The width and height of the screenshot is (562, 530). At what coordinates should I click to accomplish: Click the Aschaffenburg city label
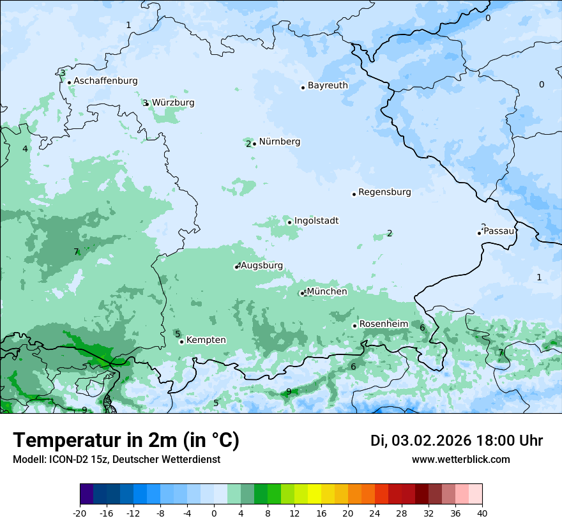(105, 81)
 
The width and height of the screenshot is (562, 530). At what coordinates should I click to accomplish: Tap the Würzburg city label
(173, 103)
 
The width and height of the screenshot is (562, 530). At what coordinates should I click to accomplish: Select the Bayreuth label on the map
(328, 86)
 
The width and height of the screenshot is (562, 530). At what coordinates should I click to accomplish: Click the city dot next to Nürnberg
(254, 144)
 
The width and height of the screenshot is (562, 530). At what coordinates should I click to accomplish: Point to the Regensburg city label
(384, 192)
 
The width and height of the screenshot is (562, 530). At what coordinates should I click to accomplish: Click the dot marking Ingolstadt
(289, 223)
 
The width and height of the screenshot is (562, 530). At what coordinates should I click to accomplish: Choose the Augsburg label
(262, 266)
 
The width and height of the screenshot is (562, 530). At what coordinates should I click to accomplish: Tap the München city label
(327, 292)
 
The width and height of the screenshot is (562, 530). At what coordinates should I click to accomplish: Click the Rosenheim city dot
(354, 326)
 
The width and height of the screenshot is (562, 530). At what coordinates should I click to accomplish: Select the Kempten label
(206, 340)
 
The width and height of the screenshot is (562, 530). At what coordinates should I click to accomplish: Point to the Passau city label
(498, 231)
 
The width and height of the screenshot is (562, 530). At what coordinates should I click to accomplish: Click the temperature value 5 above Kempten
(178, 334)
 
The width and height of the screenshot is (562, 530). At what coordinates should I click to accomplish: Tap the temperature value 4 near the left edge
(25, 149)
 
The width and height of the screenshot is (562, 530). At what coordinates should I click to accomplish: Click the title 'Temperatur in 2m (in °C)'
(126, 441)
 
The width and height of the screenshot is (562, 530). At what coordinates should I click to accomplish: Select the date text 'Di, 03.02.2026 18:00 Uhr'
(457, 441)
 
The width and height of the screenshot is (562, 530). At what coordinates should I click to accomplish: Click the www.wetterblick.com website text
(460, 460)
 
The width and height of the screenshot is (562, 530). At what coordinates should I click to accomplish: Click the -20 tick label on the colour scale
(80, 513)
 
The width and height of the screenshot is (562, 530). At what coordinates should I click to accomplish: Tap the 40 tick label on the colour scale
(482, 513)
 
